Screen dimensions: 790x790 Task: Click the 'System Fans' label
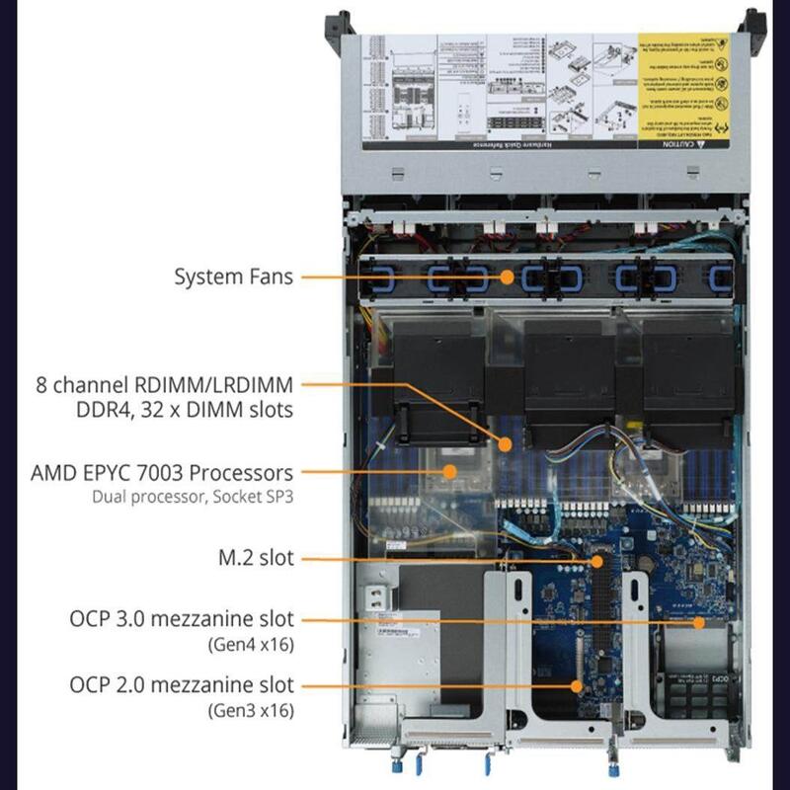233,276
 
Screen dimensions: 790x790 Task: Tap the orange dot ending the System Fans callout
507,277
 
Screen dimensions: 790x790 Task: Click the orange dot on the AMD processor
450,472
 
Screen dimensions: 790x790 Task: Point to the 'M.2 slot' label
256,558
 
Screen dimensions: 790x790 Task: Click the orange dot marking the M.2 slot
595,560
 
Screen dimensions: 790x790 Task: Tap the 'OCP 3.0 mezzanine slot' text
182,620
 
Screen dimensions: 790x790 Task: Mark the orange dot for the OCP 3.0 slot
698,622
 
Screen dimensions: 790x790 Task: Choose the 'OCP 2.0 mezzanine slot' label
182,684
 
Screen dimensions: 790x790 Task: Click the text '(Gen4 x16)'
250,645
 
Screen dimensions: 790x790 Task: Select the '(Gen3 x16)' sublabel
250,709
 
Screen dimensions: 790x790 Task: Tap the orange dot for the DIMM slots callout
506,444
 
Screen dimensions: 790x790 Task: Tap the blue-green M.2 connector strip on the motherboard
596,602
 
